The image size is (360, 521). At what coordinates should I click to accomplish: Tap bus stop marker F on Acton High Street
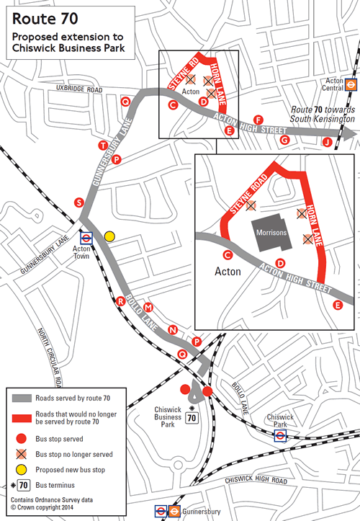tap(258, 119)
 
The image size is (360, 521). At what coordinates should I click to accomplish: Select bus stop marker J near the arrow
tap(328, 142)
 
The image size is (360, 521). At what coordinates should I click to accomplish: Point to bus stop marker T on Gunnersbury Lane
tap(102, 146)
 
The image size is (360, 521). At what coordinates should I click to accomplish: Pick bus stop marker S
tap(78, 202)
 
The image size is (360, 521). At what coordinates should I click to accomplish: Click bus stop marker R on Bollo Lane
tap(121, 300)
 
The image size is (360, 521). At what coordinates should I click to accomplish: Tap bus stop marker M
tap(148, 308)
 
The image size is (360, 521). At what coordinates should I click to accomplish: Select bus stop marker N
tap(172, 330)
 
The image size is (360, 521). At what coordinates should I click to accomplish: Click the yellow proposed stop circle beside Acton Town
tap(109, 236)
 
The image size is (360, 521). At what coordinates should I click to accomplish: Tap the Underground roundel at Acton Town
tap(86, 235)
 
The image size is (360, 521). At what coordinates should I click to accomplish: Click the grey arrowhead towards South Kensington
tap(351, 134)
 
